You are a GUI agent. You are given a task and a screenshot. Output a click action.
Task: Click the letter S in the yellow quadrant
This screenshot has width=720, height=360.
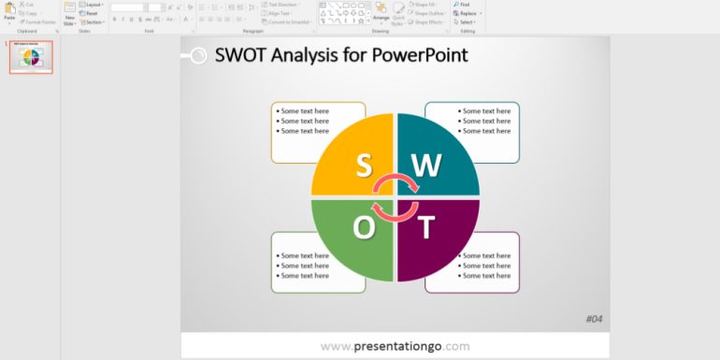pyautogui.click(x=363, y=165)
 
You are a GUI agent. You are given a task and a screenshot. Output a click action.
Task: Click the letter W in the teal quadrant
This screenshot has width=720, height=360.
pyautogui.click(x=426, y=165)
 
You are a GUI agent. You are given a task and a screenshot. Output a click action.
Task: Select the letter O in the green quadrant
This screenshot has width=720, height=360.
pyautogui.click(x=364, y=227)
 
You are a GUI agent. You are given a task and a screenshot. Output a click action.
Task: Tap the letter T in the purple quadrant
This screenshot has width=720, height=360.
pyautogui.click(x=426, y=227)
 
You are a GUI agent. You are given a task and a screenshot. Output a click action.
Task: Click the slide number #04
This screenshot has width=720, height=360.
pyautogui.click(x=594, y=319)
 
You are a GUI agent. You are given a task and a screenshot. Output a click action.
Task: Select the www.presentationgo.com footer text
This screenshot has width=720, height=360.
pyautogui.click(x=395, y=346)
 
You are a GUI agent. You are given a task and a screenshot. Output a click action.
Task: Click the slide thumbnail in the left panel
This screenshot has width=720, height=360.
pyautogui.click(x=32, y=58)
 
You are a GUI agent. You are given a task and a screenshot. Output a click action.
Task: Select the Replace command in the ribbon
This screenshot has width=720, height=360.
pyautogui.click(x=467, y=13)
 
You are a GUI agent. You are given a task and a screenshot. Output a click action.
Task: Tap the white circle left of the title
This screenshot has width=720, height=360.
pyautogui.click(x=197, y=56)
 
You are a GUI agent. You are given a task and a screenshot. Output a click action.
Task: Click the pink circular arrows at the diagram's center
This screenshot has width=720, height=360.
pyautogui.click(x=395, y=196)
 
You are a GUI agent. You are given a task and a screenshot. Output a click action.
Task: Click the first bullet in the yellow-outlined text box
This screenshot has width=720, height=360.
pyautogui.click(x=303, y=111)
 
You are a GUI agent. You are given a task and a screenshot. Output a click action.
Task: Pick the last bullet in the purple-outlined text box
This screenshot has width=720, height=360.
pyautogui.click(x=485, y=275)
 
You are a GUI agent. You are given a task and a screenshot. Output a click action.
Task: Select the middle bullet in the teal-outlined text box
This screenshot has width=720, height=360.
pyautogui.click(x=485, y=121)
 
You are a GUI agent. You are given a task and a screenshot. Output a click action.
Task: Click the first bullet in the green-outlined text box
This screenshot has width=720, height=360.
pyautogui.click(x=303, y=255)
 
